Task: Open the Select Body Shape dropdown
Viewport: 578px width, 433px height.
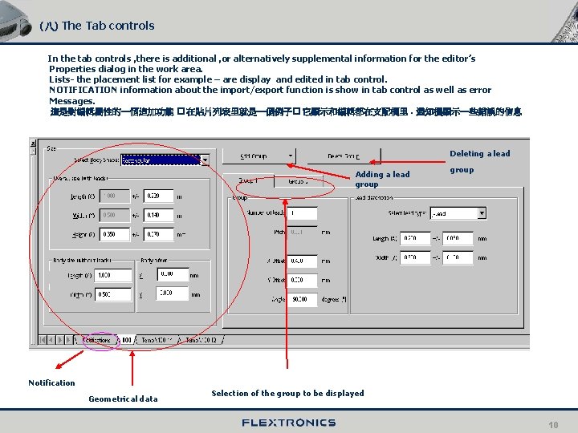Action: pyautogui.click(x=205, y=160)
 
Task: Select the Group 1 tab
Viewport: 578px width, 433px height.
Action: pyautogui.click(x=248, y=181)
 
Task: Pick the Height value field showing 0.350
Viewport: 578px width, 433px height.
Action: pyautogui.click(x=116, y=234)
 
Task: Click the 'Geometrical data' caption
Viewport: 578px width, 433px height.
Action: pyautogui.click(x=123, y=399)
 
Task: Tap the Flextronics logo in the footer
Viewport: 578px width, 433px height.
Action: pyautogui.click(x=288, y=423)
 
